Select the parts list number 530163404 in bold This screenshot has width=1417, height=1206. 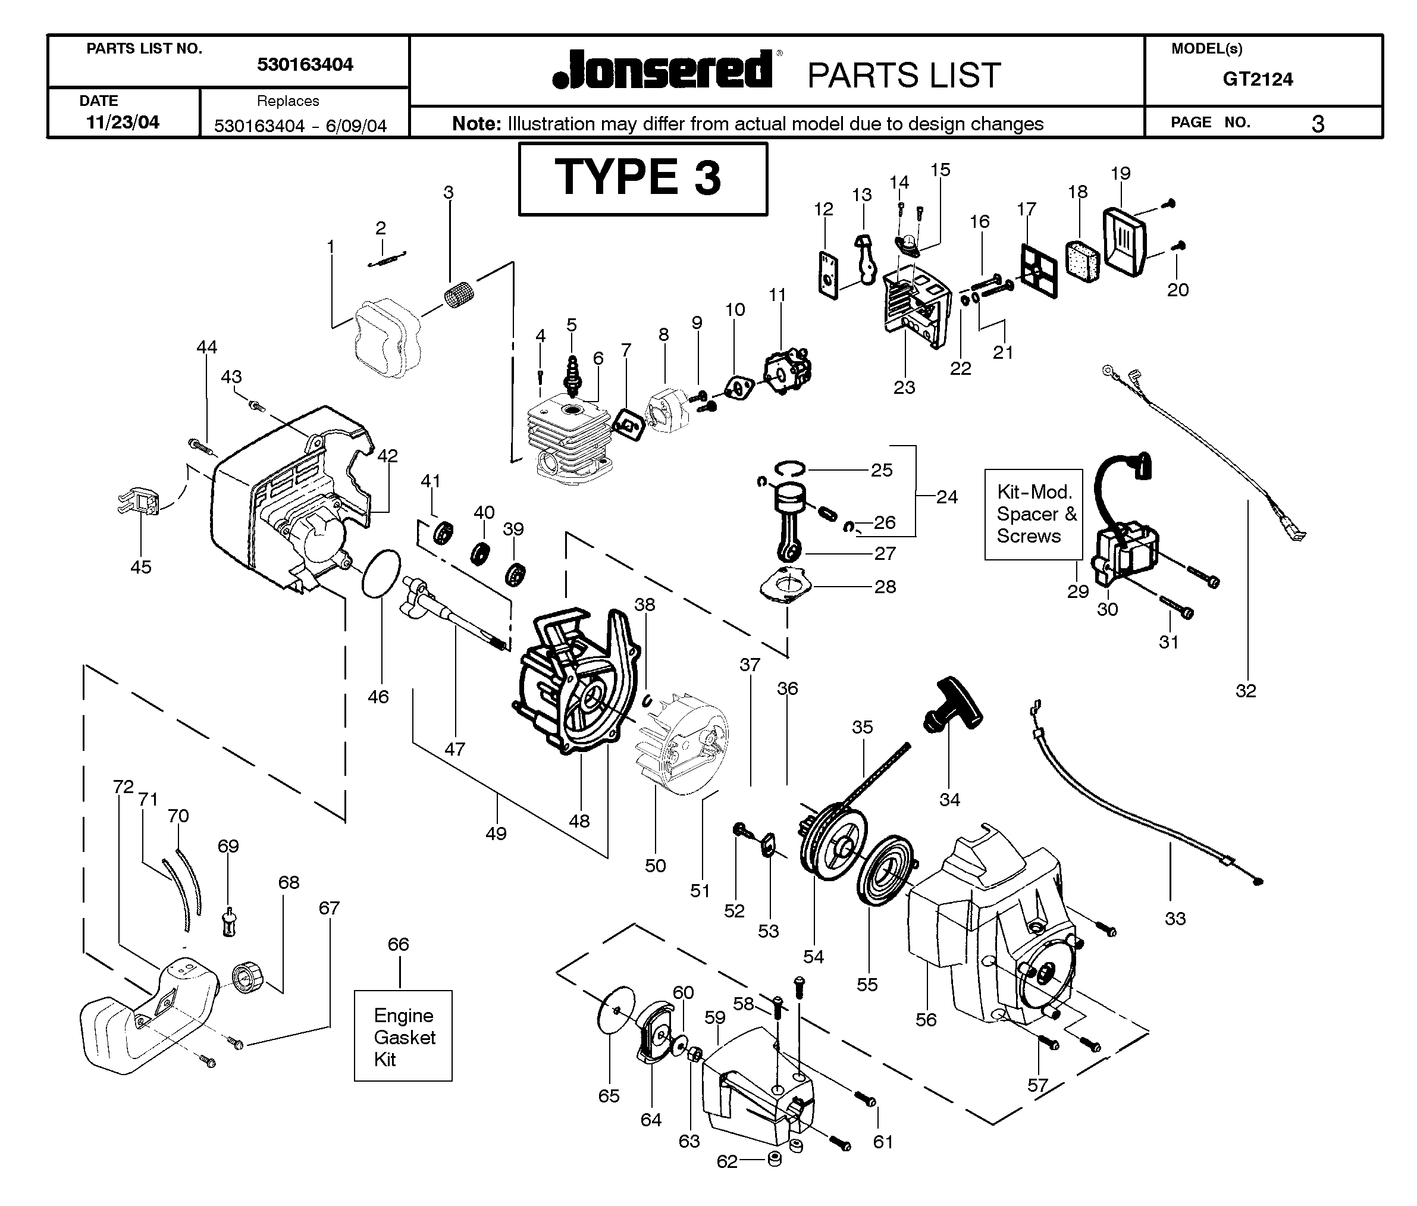pyautogui.click(x=305, y=65)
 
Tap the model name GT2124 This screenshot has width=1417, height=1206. pyautogui.click(x=1258, y=79)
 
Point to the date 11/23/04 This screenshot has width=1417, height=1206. pyautogui.click(x=123, y=123)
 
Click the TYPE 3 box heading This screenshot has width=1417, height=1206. pyautogui.click(x=642, y=178)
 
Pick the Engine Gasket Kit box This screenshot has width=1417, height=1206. pyautogui.click(x=403, y=1036)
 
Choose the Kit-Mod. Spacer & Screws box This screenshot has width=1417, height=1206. pyautogui.click(x=1033, y=514)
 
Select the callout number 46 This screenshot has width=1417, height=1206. pyautogui.click(x=378, y=697)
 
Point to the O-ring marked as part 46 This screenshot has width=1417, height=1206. pyautogui.click(x=381, y=573)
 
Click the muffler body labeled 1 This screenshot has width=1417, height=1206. pyautogui.click(x=386, y=340)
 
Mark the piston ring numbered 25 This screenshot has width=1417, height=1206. pyautogui.click(x=790, y=468)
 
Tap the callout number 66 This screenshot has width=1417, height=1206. pyautogui.click(x=399, y=944)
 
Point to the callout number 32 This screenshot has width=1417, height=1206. pyautogui.click(x=1246, y=691)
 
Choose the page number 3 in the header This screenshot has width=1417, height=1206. pyautogui.click(x=1318, y=124)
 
